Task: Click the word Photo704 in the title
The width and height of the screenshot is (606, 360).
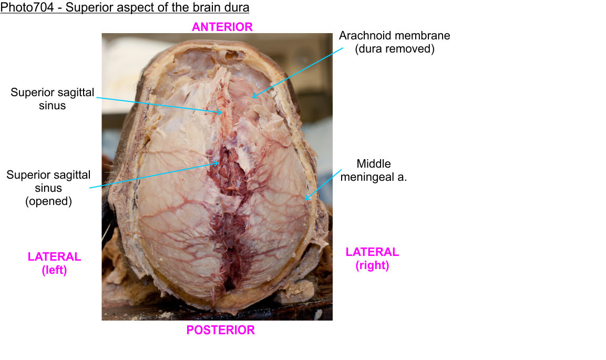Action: pyautogui.click(x=27, y=8)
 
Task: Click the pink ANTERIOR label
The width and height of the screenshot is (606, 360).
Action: pyautogui.click(x=222, y=27)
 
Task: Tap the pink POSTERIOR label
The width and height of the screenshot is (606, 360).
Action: pyautogui.click(x=220, y=330)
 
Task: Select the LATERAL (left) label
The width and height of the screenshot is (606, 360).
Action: pyautogui.click(x=54, y=263)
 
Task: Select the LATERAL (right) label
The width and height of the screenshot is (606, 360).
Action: pyautogui.click(x=372, y=259)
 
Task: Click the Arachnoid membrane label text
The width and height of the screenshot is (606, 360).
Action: pyautogui.click(x=394, y=36)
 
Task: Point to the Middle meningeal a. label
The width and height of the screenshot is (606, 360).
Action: pyautogui.click(x=374, y=170)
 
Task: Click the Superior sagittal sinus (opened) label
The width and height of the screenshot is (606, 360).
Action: pyautogui.click(x=48, y=188)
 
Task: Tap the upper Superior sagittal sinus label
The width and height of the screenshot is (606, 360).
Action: pyautogui.click(x=52, y=99)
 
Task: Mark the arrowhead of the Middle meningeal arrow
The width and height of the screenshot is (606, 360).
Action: pyautogui.click(x=305, y=200)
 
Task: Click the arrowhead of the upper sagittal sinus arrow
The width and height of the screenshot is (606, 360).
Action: pyautogui.click(x=223, y=112)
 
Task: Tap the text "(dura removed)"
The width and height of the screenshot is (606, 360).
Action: pyautogui.click(x=394, y=49)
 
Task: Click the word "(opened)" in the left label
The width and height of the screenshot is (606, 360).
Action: pyautogui.click(x=48, y=201)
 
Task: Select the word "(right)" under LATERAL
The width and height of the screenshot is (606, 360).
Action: pyautogui.click(x=372, y=265)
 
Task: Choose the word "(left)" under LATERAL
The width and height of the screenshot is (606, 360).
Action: pyautogui.click(x=54, y=270)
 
